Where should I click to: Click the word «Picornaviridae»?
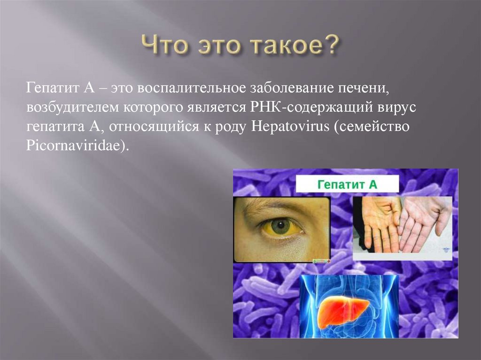tap(73, 146)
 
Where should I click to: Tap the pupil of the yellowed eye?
tap(281, 226)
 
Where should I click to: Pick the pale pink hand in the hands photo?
tap(424, 221)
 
